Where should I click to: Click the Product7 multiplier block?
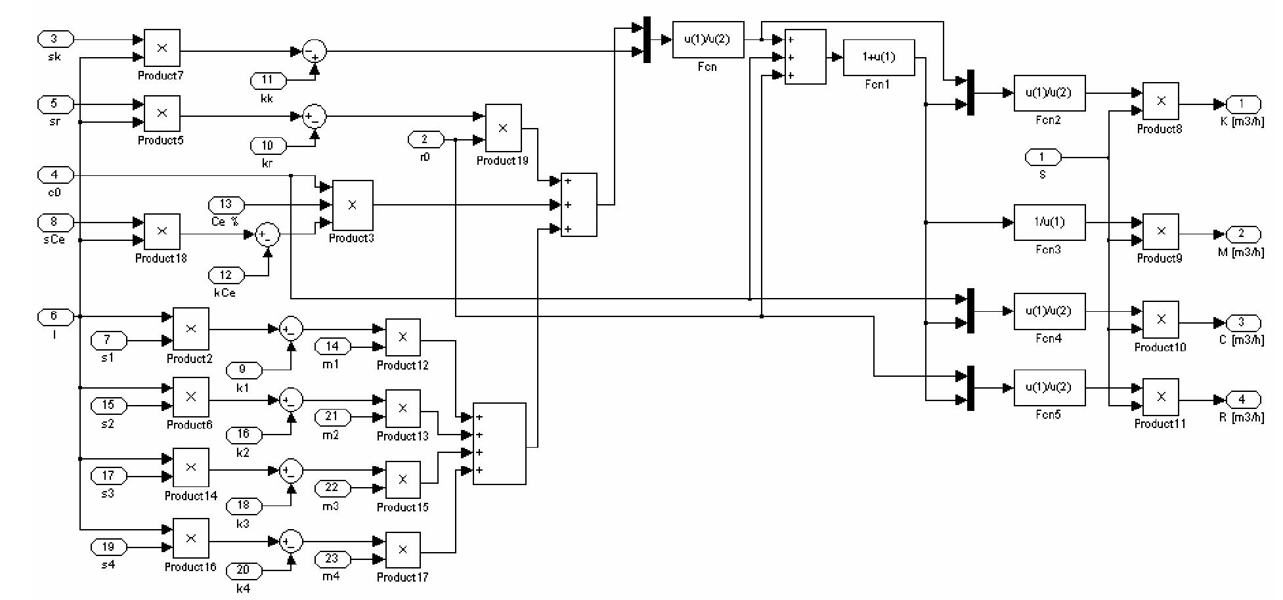(x=162, y=48)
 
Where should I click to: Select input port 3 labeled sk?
(x=54, y=39)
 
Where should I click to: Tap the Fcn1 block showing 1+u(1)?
(x=879, y=57)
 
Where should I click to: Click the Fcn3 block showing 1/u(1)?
(x=1049, y=223)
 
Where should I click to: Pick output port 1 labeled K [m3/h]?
(x=1241, y=104)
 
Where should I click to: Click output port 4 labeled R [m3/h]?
(x=1241, y=399)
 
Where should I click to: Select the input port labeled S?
(x=1042, y=158)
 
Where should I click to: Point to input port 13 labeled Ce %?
(x=226, y=204)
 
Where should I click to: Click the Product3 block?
(x=353, y=205)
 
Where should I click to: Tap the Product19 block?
(x=503, y=128)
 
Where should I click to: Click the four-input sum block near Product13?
(x=499, y=444)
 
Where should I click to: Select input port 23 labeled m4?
(x=332, y=559)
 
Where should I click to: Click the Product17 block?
(x=402, y=550)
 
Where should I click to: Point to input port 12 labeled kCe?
(x=226, y=275)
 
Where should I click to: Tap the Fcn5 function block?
(x=1049, y=387)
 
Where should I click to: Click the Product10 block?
(x=1160, y=319)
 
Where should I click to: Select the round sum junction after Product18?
(x=267, y=234)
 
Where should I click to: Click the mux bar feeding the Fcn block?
(x=647, y=39)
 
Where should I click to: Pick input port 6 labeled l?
(x=54, y=316)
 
